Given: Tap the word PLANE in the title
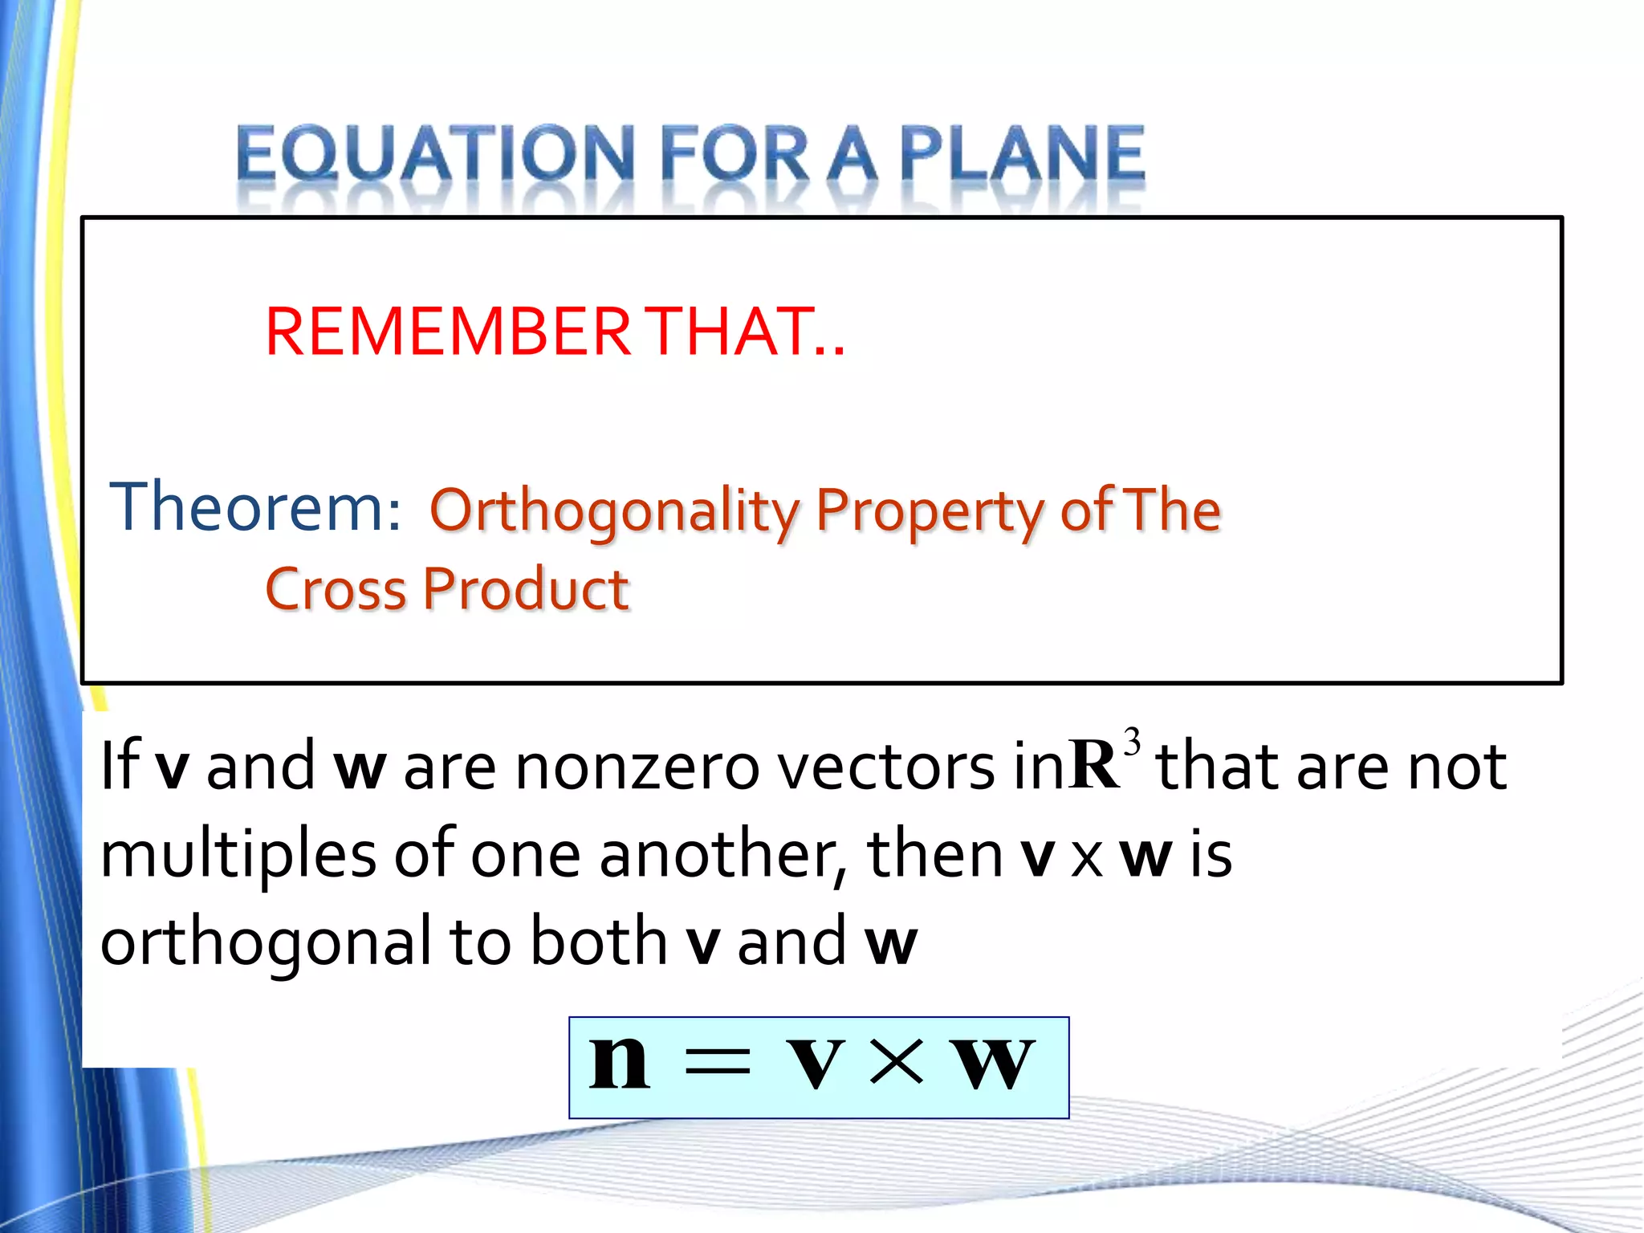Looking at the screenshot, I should [x=1022, y=154].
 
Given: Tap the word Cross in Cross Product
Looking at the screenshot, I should [x=336, y=590].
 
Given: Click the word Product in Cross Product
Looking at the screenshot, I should [x=526, y=590].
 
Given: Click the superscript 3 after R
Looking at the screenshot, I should [x=1132, y=741].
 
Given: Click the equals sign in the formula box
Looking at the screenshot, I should [x=716, y=1063].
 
